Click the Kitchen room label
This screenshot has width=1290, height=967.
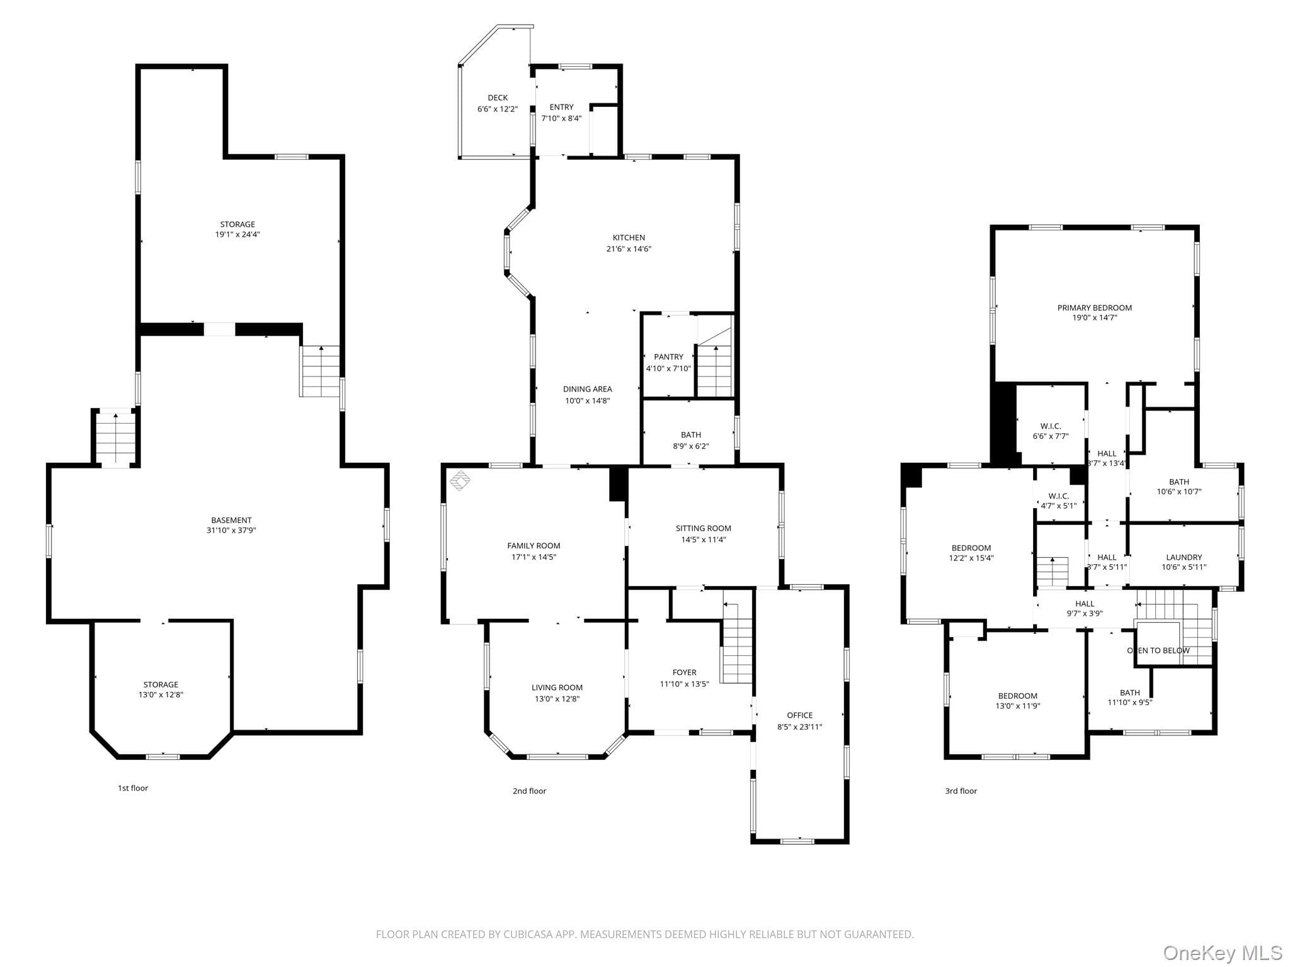coord(629,237)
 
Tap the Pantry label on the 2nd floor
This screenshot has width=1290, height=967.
coord(668,357)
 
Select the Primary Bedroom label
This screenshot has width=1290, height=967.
coord(1094,308)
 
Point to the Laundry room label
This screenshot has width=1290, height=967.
coord(1184,557)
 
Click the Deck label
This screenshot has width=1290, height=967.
coord(498,98)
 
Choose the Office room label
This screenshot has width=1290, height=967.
coord(799,715)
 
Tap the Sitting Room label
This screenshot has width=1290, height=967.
coord(703,528)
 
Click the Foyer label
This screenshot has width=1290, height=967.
coord(684,672)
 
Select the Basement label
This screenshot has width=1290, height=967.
coord(231,520)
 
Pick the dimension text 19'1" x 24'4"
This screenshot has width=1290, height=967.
coord(237,234)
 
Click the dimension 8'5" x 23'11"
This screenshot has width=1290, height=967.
coord(799,727)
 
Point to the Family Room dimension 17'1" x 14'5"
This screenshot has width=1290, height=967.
coord(534,557)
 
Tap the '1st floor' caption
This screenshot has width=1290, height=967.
coord(133,788)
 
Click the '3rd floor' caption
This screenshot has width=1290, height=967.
coord(961,791)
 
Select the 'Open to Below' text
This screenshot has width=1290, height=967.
coord(1158,650)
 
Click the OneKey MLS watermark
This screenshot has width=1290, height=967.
coord(1222,953)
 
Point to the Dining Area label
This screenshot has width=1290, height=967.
coord(587,389)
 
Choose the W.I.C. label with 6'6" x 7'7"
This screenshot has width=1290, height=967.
coord(1051,426)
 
